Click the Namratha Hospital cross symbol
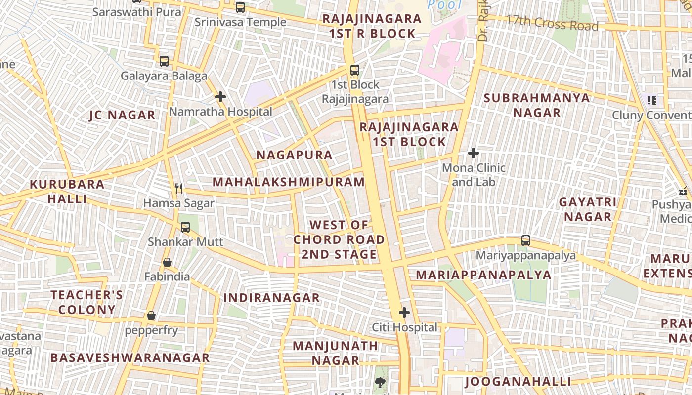[220, 97]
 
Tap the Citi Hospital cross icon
[404, 313]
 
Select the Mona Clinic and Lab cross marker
[474, 153]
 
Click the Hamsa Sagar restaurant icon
[179, 188]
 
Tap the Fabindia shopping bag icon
[167, 262]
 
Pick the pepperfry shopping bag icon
[151, 316]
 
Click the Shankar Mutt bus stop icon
[185, 227]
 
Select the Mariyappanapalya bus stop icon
[526, 240]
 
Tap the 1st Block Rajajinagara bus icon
[355, 70]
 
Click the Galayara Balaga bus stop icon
[164, 61]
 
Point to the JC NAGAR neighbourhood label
[122, 115]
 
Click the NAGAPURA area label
[294, 155]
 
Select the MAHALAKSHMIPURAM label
[289, 182]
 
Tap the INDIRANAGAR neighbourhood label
[271, 298]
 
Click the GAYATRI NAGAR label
[588, 209]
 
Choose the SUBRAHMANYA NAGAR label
[537, 105]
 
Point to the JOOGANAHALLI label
[518, 381]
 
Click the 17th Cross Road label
[552, 23]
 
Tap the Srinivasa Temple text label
[240, 22]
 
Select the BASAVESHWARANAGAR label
[130, 357]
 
